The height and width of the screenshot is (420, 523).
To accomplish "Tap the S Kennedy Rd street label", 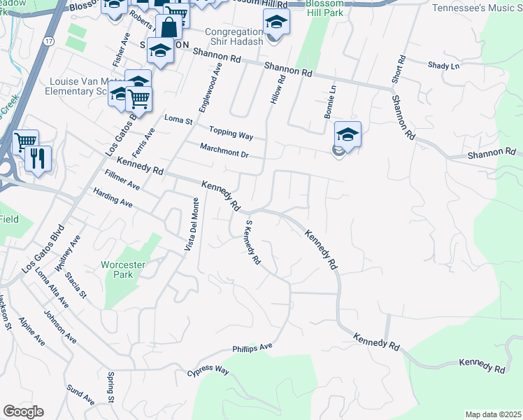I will coord(252,242).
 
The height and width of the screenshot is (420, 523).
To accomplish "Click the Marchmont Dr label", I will coord(224,149).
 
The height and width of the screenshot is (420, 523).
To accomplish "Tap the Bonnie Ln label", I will coord(332,102).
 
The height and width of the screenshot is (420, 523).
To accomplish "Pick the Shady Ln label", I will coord(444,66).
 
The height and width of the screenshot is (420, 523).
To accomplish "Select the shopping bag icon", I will coord(170,28).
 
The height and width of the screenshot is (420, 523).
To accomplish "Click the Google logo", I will coord(23,412).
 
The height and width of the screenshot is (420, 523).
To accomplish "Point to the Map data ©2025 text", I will coord(492,414).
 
